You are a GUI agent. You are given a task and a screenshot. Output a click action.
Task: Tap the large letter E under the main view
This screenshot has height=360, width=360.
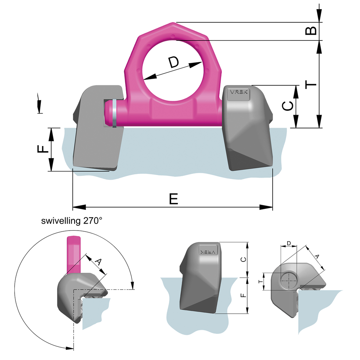(173, 199)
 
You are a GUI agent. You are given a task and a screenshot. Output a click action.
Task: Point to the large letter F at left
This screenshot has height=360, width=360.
(43, 149)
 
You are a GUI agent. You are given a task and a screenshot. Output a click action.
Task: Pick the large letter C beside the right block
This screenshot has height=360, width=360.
(288, 106)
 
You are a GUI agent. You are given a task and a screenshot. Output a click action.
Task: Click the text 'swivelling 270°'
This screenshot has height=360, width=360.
(72, 221)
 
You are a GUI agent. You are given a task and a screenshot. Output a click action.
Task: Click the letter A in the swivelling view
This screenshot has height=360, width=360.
(98, 262)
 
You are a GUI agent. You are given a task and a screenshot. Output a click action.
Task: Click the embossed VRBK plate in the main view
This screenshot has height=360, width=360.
(239, 93)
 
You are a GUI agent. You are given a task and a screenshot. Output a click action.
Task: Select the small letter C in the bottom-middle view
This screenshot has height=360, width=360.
(243, 259)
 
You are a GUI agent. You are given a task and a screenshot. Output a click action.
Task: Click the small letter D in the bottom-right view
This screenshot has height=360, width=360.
(289, 243)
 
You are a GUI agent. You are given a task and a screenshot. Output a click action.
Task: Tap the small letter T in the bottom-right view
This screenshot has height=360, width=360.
(260, 282)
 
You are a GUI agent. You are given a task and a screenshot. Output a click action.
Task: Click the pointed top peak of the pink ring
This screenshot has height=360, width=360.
(173, 24)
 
